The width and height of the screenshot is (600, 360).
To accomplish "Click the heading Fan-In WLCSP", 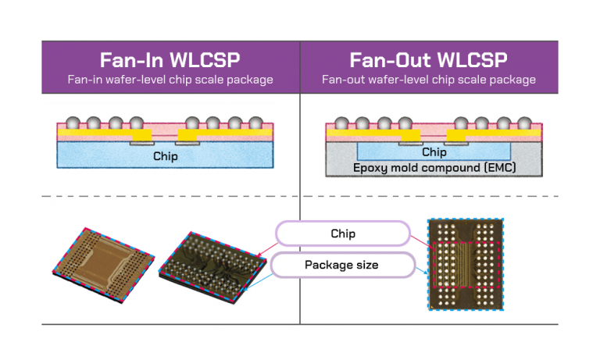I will coord(170,60).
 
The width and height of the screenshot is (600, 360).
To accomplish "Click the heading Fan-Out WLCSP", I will coord(429,60).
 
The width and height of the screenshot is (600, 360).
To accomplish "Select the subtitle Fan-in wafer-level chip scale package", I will coord(170,80).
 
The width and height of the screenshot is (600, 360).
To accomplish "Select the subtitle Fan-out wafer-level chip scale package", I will coord(429,80).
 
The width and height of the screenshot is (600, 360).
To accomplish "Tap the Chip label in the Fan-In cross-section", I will coord(165,156).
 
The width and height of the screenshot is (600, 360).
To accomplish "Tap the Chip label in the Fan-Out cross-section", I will coord(434,152).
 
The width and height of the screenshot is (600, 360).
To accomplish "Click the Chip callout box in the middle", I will coord(342,233).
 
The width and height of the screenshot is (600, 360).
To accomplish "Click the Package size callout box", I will coord(342,265).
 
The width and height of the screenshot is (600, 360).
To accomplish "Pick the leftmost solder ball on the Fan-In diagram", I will coord(74,123).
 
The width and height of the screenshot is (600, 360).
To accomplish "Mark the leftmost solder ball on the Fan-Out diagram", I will coord(342,123).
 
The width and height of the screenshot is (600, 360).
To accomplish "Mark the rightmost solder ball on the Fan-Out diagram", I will coord(524,123).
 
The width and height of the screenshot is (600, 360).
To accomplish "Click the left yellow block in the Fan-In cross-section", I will coord(141,136).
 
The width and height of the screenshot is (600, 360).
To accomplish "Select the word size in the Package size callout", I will coord(366,265).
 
